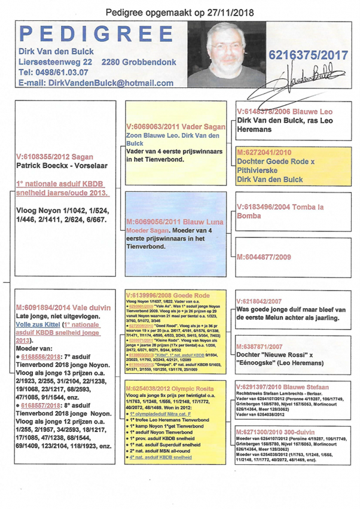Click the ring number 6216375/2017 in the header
pyautogui.click(x=309, y=56)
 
